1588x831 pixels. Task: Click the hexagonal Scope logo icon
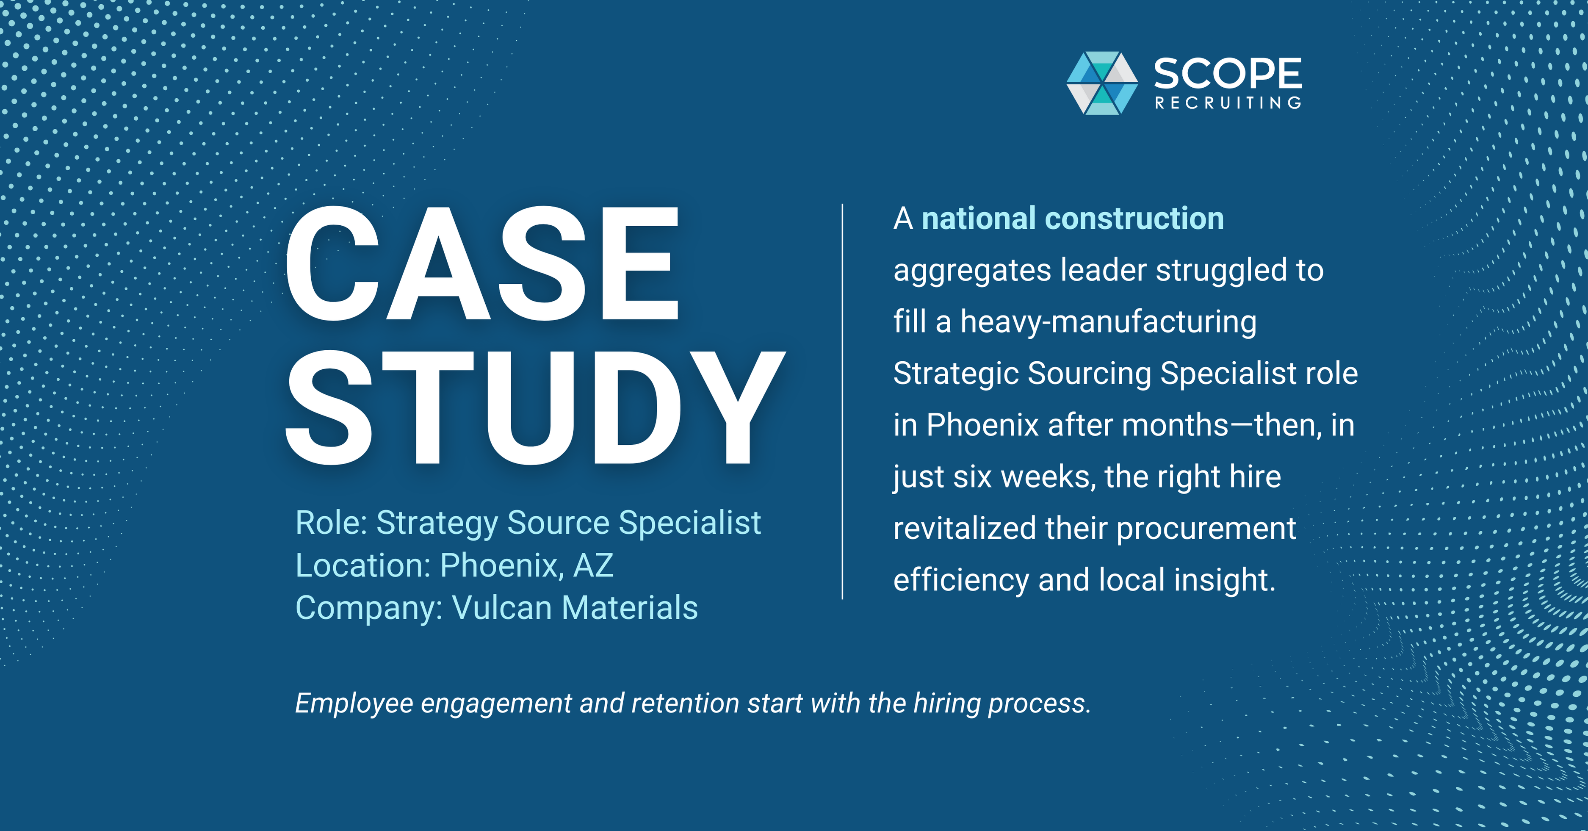[1102, 83]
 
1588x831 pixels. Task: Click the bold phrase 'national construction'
[1072, 219]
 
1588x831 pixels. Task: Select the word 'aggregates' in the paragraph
[971, 271]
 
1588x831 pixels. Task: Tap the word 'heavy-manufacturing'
[1108, 322]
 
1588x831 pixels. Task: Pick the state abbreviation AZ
[593, 565]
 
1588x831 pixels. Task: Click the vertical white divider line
[842, 401]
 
